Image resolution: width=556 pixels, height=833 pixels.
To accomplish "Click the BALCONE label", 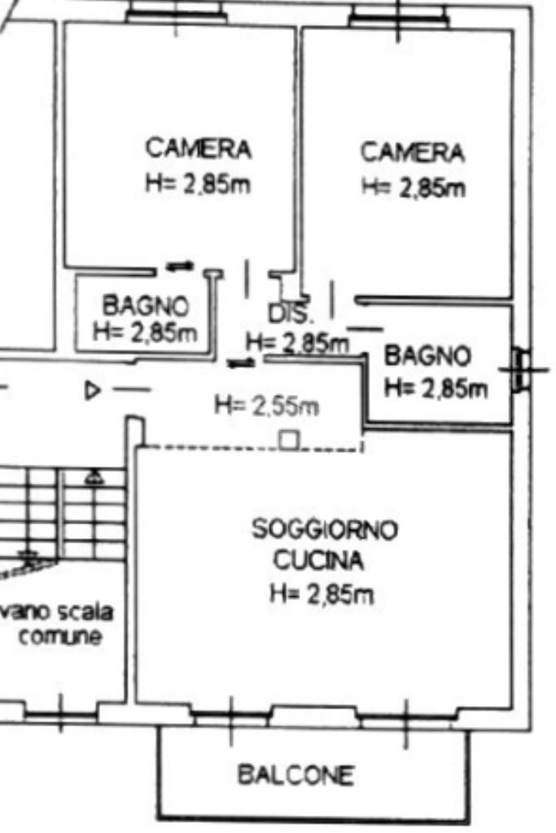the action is [296, 774].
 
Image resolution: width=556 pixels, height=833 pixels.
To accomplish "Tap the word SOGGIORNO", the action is [325, 529].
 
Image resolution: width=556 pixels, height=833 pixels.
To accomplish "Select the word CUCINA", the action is [318, 560].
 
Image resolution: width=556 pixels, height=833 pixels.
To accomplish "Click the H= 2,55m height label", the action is [267, 406].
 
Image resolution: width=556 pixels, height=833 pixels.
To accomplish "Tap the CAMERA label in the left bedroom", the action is [198, 148].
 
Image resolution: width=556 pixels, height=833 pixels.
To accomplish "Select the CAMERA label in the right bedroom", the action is [413, 152].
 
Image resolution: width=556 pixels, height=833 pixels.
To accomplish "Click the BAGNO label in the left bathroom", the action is [146, 305].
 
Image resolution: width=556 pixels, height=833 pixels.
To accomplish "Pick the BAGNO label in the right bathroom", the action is [427, 355].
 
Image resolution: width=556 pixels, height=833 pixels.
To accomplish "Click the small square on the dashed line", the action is [290, 440].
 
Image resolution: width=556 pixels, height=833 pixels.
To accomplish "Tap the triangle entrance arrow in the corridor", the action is [93, 391].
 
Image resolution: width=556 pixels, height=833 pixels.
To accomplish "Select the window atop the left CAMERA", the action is [177, 15].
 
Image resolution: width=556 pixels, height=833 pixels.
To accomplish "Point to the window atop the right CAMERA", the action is [400, 16].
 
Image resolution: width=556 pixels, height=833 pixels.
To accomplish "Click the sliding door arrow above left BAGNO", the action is [180, 265].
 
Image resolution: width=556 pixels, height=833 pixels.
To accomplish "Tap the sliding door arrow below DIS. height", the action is [242, 363].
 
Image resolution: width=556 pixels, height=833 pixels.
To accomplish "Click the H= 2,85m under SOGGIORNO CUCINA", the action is [322, 594].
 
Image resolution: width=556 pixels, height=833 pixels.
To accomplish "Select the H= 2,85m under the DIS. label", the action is [297, 343].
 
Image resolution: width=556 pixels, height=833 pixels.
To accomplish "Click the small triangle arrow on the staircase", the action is [94, 477].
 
